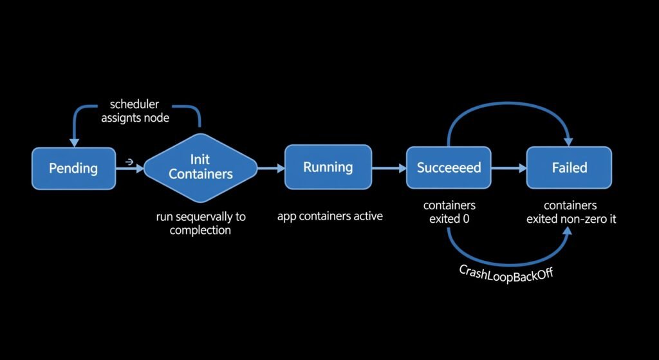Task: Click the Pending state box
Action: tap(73, 168)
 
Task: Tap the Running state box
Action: tap(328, 167)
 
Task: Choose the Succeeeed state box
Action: tap(449, 167)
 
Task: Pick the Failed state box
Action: tap(570, 167)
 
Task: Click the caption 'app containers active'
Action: tap(329, 216)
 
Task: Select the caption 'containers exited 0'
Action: tap(449, 212)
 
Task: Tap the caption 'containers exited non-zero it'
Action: tap(570, 212)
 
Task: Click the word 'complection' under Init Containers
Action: tap(200, 230)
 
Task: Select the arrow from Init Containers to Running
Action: tap(270, 167)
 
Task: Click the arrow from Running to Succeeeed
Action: tap(389, 167)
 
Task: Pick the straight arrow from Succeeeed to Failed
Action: tap(508, 167)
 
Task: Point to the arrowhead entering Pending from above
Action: tap(75, 142)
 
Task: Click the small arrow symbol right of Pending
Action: tap(129, 162)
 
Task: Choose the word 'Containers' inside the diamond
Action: tap(201, 174)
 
